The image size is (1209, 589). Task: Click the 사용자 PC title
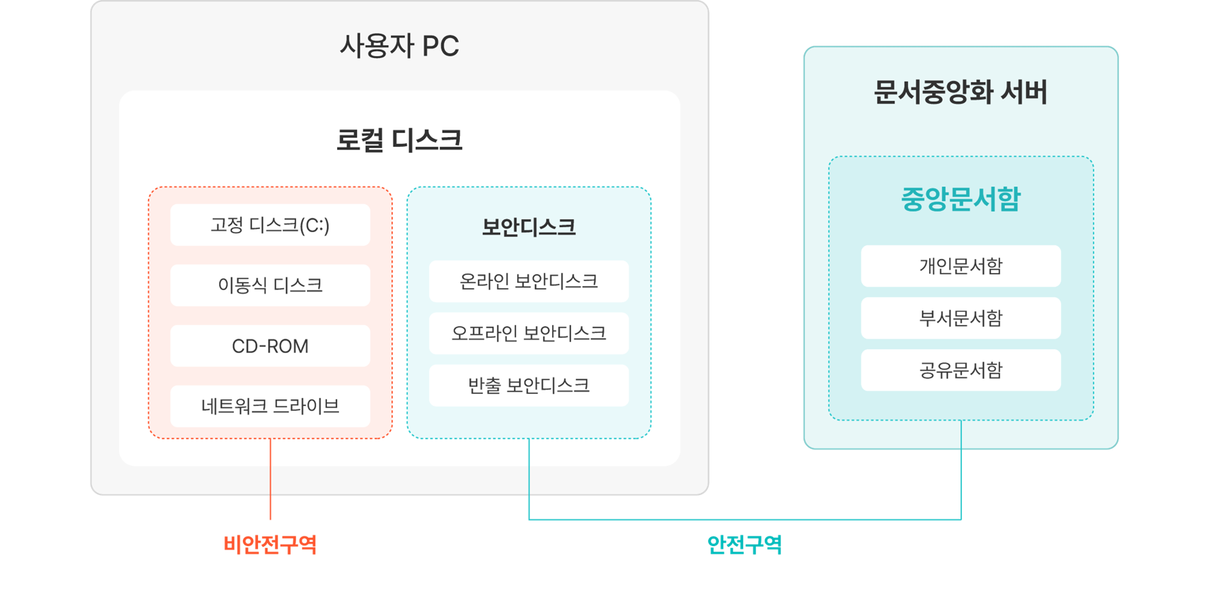(x=399, y=46)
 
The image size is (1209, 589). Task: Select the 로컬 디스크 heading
(x=399, y=140)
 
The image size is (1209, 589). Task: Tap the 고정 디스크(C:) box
(x=270, y=225)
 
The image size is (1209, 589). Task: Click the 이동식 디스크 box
(x=270, y=285)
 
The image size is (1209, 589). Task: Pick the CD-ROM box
(x=270, y=345)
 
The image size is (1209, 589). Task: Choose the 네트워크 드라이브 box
(x=270, y=405)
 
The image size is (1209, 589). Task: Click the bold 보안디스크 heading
(x=529, y=227)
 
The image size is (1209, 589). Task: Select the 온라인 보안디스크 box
(x=529, y=281)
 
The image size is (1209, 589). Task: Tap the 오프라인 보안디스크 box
(x=529, y=333)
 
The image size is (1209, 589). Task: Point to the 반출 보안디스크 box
(x=529, y=385)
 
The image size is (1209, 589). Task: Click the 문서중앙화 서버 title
(x=960, y=92)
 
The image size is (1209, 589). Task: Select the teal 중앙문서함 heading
(x=960, y=199)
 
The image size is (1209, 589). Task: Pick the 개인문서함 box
(x=960, y=265)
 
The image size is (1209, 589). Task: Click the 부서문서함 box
(x=960, y=317)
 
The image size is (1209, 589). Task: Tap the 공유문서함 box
(x=960, y=370)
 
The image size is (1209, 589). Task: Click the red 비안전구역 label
(x=270, y=544)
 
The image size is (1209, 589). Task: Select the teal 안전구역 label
(x=744, y=544)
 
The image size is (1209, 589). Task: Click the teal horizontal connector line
(x=744, y=519)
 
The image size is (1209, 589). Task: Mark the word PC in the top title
(x=440, y=46)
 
